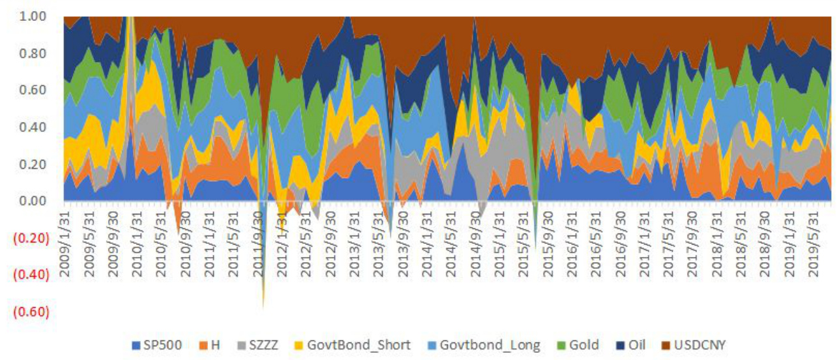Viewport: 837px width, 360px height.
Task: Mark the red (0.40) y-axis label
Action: (30, 275)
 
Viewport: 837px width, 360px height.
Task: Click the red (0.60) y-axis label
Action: (30, 312)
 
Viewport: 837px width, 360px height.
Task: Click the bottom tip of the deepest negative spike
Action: (263, 307)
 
